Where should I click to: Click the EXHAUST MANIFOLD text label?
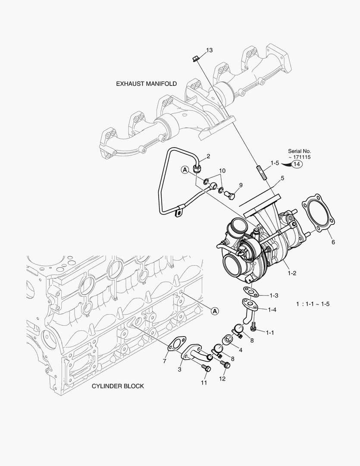(x=146, y=84)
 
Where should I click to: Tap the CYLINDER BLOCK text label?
(x=118, y=386)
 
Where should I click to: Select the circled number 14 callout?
(x=297, y=164)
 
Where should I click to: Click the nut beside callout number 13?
(x=194, y=58)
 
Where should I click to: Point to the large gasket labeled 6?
(x=318, y=214)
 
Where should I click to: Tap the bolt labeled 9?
(x=231, y=195)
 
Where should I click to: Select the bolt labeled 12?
(x=224, y=365)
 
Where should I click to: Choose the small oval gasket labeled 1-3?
(x=250, y=293)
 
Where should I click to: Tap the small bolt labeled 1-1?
(x=253, y=328)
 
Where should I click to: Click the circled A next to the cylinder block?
(x=215, y=310)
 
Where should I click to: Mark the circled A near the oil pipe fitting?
(x=184, y=170)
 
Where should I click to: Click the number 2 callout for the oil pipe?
(x=208, y=156)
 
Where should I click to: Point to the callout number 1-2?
(x=292, y=273)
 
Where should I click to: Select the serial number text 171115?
(x=301, y=157)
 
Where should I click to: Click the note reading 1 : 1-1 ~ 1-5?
(x=313, y=304)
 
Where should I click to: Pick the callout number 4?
(x=240, y=350)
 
